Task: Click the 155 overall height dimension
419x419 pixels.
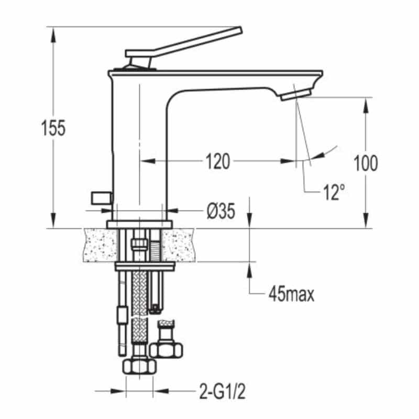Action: coord(53,128)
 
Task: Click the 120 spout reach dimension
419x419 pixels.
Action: coord(217,161)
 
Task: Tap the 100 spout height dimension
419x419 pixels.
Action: coord(366,163)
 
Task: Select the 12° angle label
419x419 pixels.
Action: coord(334,192)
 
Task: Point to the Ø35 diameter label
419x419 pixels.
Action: coord(221,211)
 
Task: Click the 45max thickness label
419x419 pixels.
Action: coord(292,294)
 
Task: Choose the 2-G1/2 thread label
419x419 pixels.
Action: coord(222,391)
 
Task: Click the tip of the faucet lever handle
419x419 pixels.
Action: coord(240,30)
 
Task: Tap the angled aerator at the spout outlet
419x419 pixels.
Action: coord(296,95)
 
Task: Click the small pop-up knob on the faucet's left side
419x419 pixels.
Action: coord(101,198)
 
